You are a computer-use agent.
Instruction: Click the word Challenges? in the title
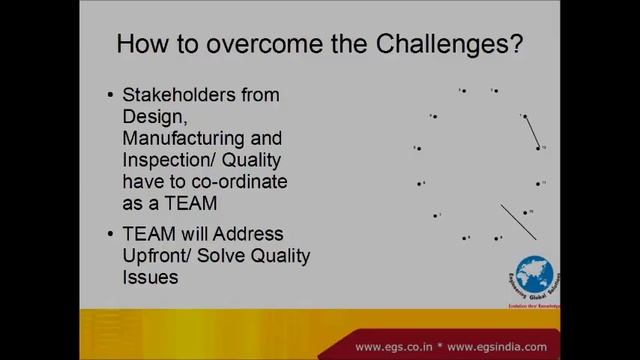(446, 45)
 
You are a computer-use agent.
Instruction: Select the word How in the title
(141, 45)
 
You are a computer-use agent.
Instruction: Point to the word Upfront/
(159, 256)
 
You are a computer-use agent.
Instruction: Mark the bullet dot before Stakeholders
(110, 96)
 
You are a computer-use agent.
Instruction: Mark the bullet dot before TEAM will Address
(110, 234)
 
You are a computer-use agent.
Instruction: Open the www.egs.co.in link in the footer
(392, 347)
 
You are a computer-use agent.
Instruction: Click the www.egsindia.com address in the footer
(506, 347)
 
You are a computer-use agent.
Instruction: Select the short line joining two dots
(530, 131)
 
